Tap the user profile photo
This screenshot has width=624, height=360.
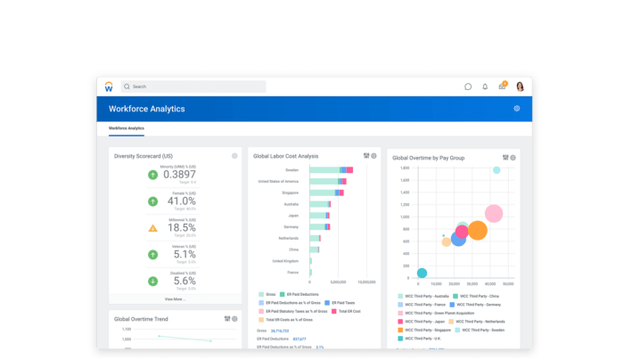click(x=520, y=86)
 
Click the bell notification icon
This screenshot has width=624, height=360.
click(x=485, y=86)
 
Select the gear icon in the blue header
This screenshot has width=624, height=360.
click(x=516, y=109)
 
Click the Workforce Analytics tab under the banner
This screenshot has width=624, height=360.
click(x=127, y=128)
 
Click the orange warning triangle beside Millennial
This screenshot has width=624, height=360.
click(x=152, y=228)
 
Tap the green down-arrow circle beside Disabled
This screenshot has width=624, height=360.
click(x=152, y=282)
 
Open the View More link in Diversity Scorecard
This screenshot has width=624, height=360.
click(x=175, y=299)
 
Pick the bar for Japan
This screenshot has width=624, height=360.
click(x=319, y=215)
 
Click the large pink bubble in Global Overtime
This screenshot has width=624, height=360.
click(x=494, y=214)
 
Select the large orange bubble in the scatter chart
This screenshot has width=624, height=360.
click(x=477, y=231)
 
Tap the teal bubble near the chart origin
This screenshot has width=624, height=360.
click(x=422, y=273)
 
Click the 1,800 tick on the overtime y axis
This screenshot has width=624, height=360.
click(x=404, y=168)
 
